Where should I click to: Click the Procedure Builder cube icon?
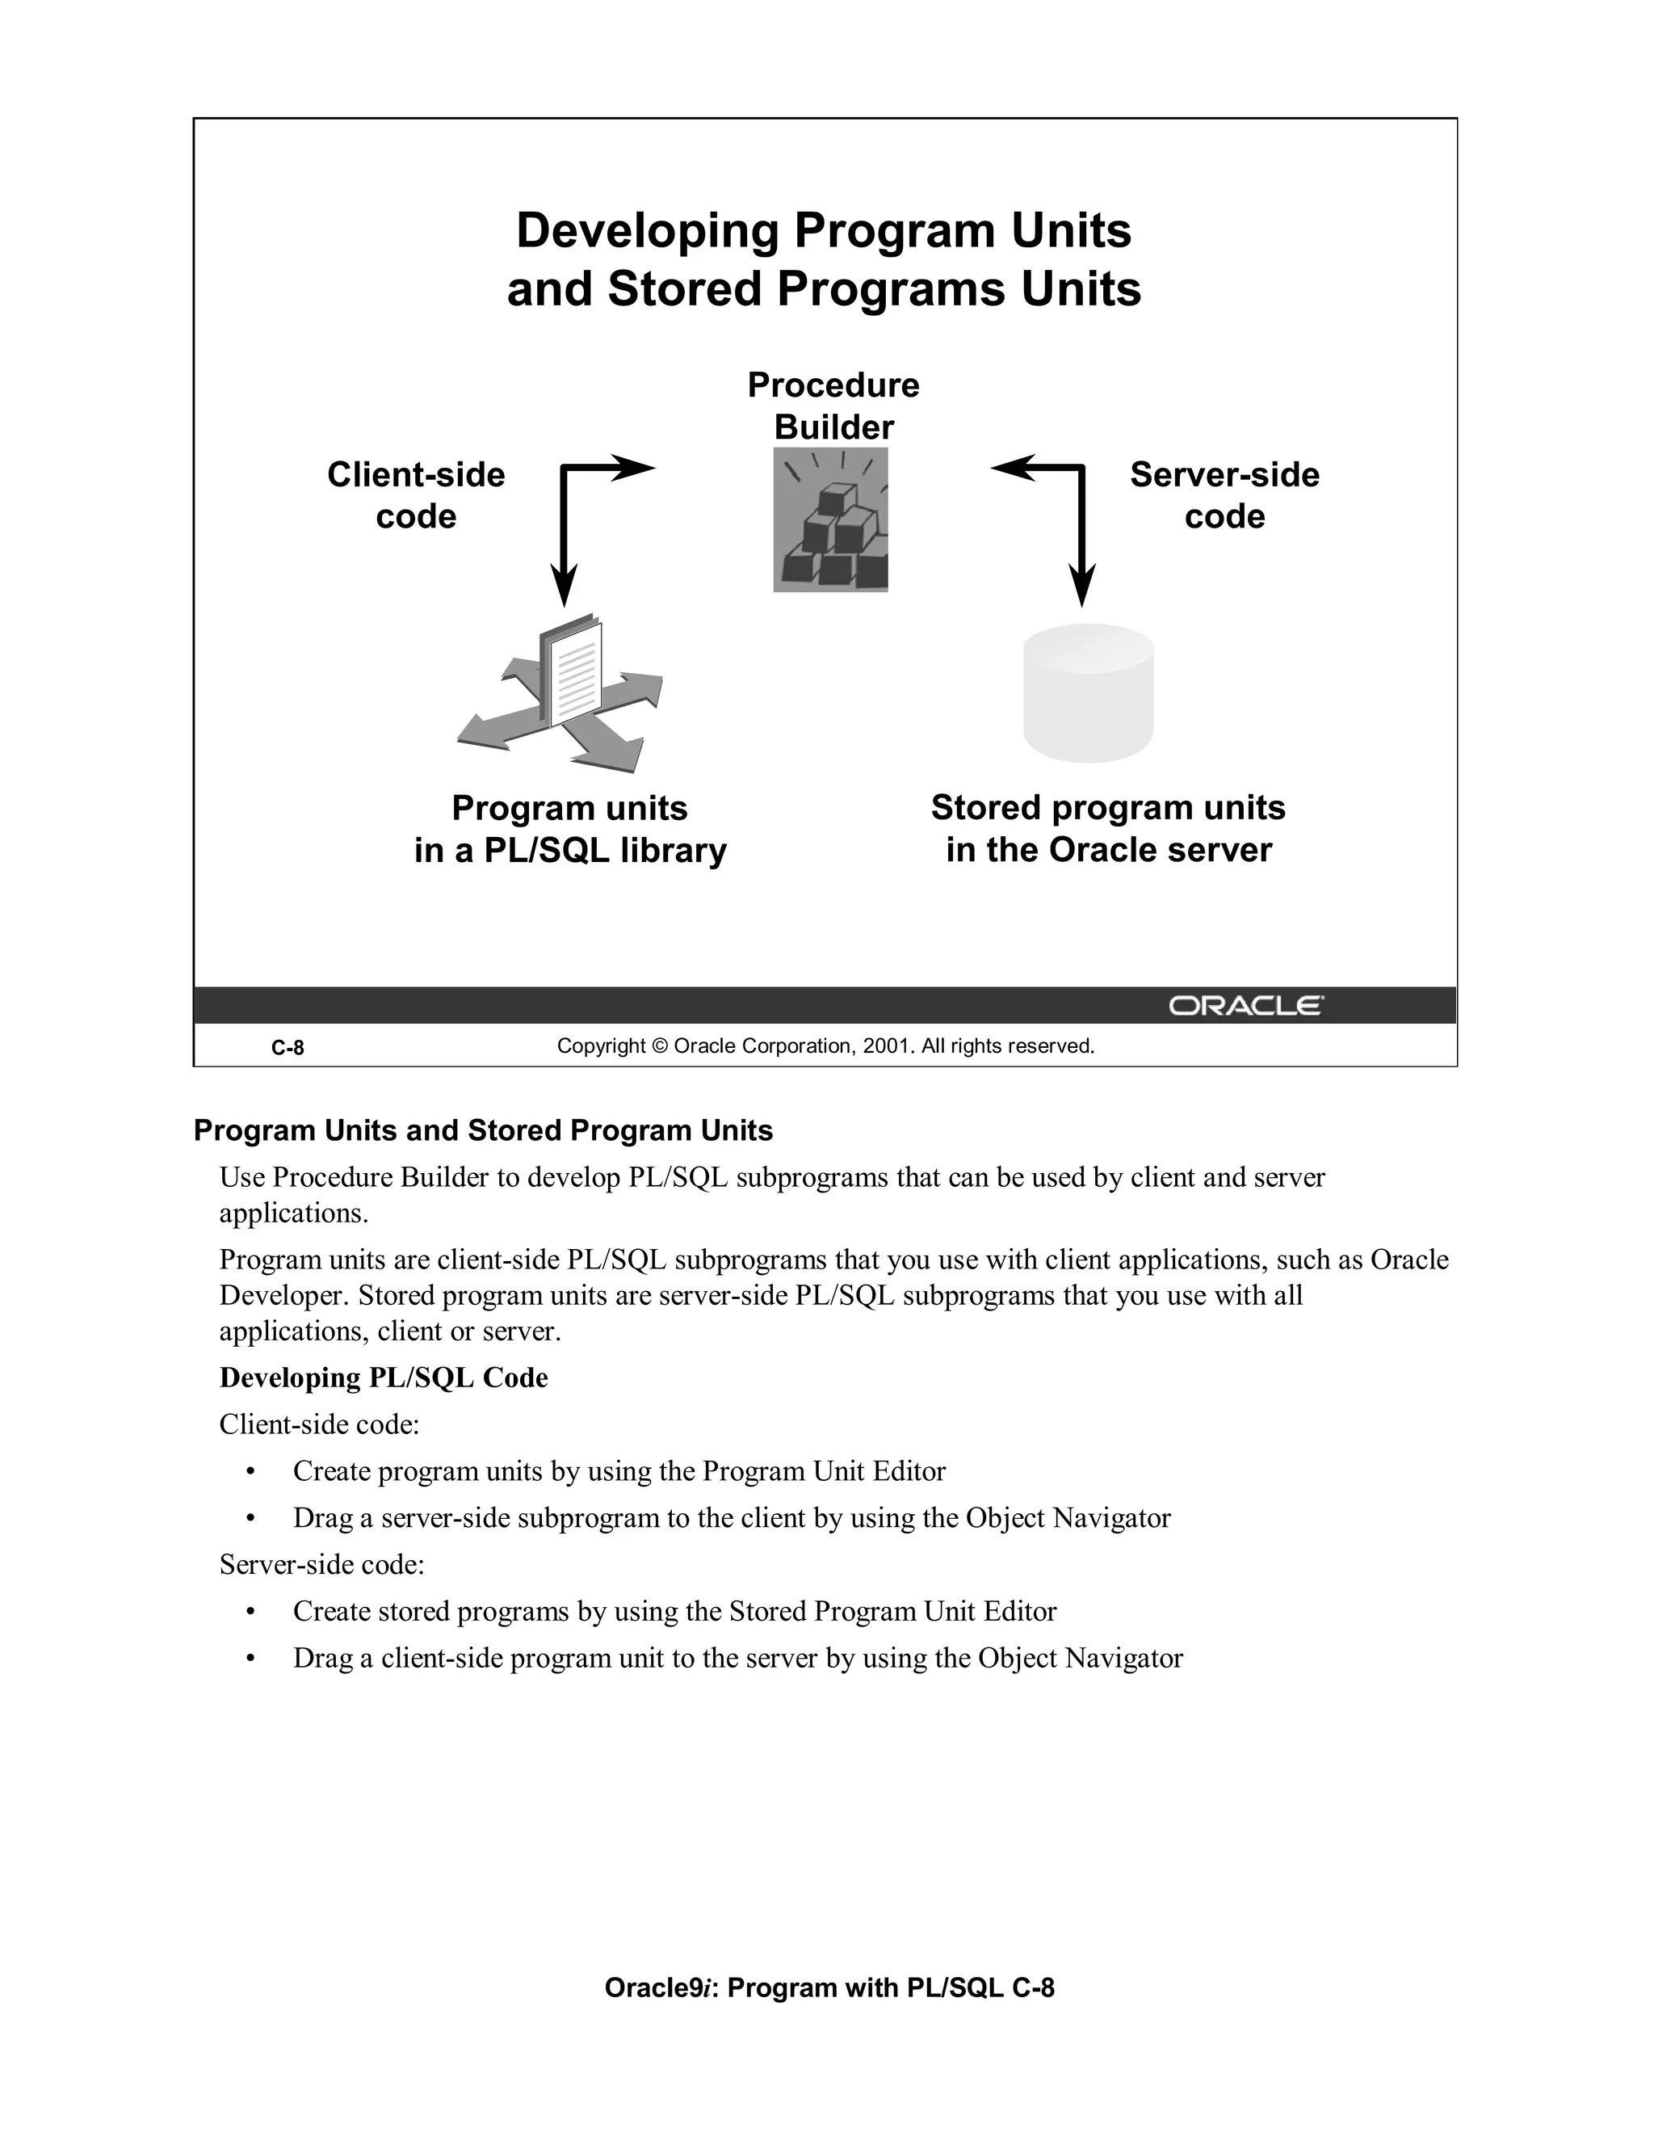pos(830,520)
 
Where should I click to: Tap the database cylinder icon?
pos(1088,693)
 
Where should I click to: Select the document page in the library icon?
pos(576,672)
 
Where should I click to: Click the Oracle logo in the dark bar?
pos(1245,1006)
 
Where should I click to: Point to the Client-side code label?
pos(415,495)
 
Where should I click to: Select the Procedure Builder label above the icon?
pos(833,406)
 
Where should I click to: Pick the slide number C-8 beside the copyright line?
pos(287,1048)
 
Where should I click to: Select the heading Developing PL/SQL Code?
pos(383,1378)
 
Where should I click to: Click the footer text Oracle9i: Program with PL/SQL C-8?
pos(829,1987)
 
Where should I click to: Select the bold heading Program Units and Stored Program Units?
pos(483,1130)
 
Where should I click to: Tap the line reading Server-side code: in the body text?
pos(321,1565)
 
